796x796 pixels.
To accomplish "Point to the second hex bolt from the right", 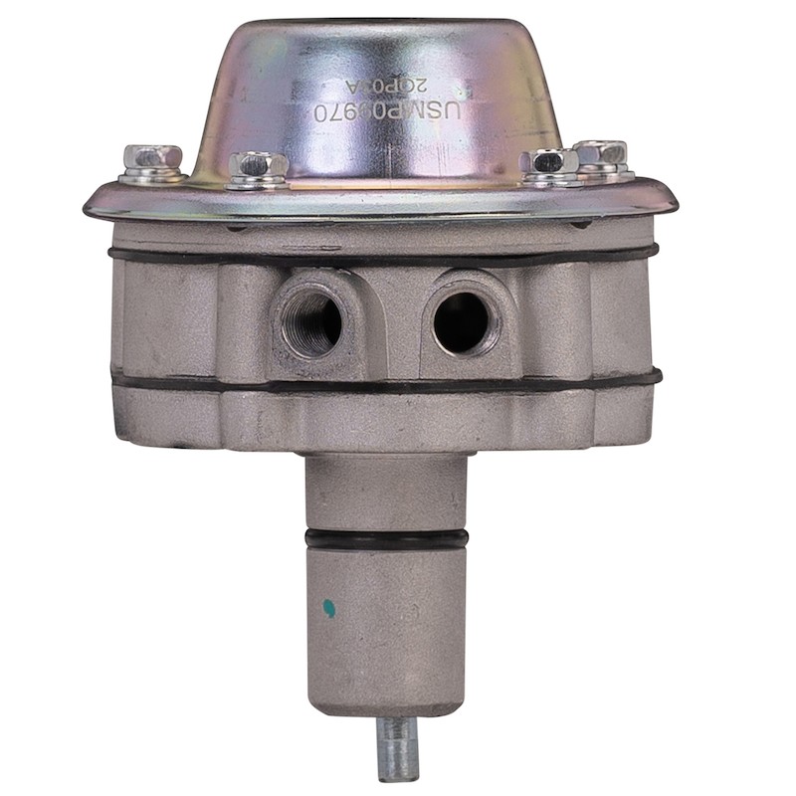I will pyautogui.click(x=549, y=163).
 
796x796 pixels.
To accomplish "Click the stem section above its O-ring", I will pyautogui.click(x=386, y=493).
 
